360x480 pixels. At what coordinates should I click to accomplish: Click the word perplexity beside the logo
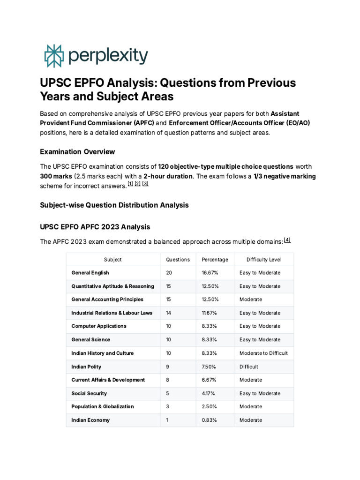point(108,56)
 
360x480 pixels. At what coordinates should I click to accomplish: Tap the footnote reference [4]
point(287,240)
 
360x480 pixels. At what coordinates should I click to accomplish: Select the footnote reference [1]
point(130,184)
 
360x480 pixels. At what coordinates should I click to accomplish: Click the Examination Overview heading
point(77,152)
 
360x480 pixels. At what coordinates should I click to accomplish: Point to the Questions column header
point(178,260)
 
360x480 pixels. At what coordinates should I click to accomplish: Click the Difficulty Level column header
point(263,260)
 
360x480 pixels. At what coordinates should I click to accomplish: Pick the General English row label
point(90,273)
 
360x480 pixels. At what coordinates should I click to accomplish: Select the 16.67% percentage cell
point(210,273)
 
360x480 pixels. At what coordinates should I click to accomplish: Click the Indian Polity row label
point(86,367)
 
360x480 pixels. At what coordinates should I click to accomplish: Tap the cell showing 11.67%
point(210,313)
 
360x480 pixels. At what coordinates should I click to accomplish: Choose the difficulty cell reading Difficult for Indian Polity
point(248,367)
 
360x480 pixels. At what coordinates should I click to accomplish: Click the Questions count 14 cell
point(169,313)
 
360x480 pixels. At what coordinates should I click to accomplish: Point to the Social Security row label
point(89,393)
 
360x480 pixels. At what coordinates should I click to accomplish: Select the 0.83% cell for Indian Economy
point(209,420)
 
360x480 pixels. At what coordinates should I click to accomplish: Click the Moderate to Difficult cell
point(263,353)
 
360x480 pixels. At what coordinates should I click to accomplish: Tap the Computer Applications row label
point(99,326)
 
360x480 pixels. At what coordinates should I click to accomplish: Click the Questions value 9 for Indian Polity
point(168,367)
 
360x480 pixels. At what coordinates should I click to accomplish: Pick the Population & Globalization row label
point(102,406)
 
